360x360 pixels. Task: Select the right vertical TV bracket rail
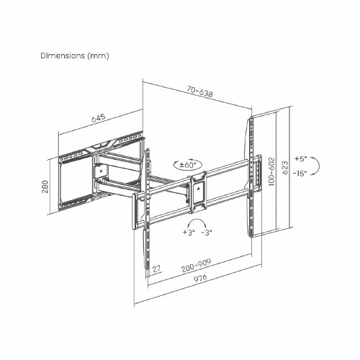[253, 176]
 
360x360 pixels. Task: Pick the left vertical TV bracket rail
[148, 209]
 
